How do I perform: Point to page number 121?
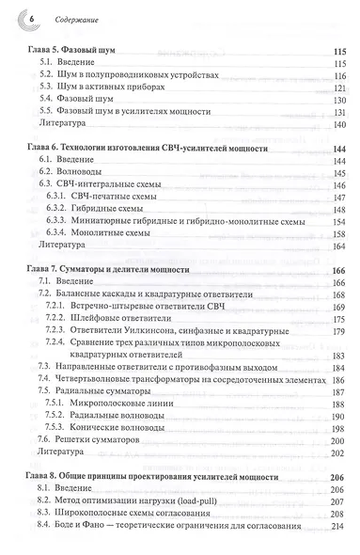tap(340, 85)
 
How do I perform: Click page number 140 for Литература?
tap(340, 123)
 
